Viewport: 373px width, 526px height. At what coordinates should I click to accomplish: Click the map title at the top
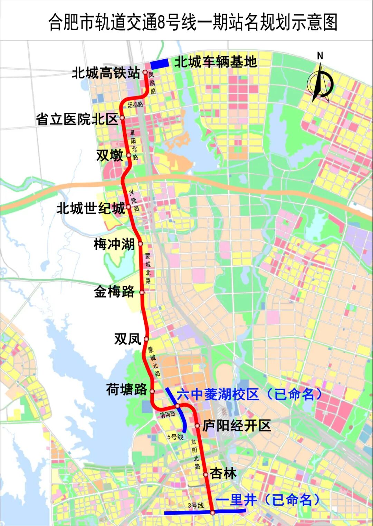tap(192, 22)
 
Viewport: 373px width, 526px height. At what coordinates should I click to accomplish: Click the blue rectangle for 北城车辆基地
tap(160, 63)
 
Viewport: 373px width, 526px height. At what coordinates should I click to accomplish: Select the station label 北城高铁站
tap(106, 73)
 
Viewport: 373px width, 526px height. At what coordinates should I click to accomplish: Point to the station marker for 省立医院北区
tap(122, 118)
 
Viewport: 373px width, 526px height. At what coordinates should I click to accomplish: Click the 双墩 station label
tap(109, 155)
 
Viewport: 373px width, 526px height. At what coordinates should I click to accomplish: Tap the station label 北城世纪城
tap(91, 208)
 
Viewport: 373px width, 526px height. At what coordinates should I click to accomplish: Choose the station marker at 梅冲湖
tap(141, 244)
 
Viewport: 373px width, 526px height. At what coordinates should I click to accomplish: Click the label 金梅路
tap(114, 292)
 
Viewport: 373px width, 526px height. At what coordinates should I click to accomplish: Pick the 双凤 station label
tap(127, 339)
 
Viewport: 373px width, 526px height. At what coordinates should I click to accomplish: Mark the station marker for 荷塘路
tap(152, 391)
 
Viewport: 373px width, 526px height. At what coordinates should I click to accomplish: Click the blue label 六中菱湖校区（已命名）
tap(249, 394)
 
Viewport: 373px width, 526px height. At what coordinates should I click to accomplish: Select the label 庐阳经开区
tap(237, 426)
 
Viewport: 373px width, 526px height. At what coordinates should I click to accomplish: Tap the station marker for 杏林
tap(206, 475)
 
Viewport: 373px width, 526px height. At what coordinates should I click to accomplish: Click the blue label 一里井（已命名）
tap(268, 500)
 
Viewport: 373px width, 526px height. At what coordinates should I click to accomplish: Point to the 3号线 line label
tap(196, 505)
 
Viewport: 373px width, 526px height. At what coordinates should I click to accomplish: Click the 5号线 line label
tap(175, 437)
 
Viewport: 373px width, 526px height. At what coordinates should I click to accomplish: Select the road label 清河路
tap(168, 414)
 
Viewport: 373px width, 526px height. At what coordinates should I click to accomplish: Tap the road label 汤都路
tap(135, 104)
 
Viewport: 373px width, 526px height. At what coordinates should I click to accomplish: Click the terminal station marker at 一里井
tap(213, 513)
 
